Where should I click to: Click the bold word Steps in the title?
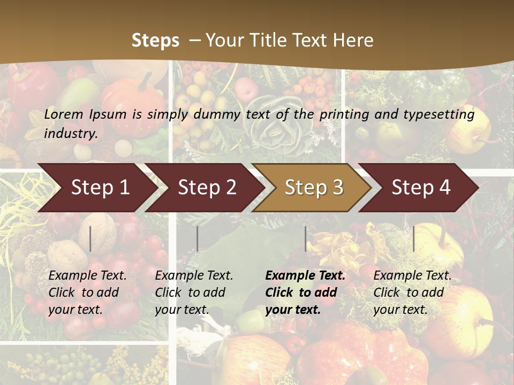pos(155,41)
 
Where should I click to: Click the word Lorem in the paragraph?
pos(64,114)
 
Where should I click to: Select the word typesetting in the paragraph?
pos(440,114)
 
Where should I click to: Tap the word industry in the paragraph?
pos(70,133)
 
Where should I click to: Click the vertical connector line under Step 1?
pos(90,238)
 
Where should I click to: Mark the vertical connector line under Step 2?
pos(198,238)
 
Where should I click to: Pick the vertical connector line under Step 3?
pos(305,238)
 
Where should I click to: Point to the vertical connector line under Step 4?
pos(413,238)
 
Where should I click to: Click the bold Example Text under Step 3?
pos(305,276)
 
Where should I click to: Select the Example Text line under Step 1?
pos(87,276)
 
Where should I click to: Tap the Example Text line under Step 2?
pos(194,276)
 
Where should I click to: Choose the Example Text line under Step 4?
pos(412,276)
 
